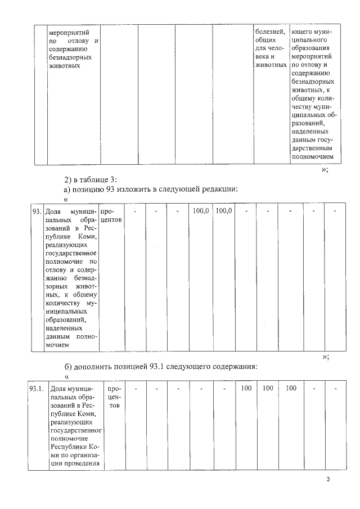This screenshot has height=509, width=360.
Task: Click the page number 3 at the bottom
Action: tap(328, 479)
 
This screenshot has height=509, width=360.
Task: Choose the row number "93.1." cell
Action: tap(37, 389)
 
